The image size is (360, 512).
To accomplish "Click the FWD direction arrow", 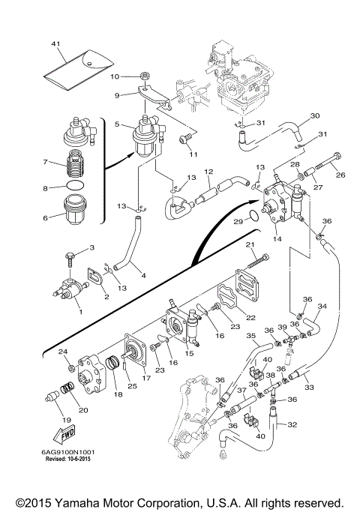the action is pyautogui.click(x=64, y=435).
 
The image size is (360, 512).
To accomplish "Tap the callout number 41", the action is pyautogui.click(x=56, y=43).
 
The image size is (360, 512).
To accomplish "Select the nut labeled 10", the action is pyautogui.click(x=144, y=76).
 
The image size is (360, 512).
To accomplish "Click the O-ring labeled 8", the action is pyautogui.click(x=75, y=185).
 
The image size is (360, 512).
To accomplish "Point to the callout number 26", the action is pyautogui.click(x=340, y=175).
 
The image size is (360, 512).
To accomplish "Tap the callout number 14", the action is pyautogui.click(x=277, y=238).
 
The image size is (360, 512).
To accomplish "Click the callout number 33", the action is pyautogui.click(x=309, y=387).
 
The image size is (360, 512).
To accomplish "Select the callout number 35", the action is pyautogui.click(x=251, y=335).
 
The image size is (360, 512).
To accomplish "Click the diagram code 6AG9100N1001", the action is pyautogui.click(x=68, y=453).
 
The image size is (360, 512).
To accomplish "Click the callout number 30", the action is pyautogui.click(x=315, y=115).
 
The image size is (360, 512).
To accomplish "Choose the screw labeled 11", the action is pyautogui.click(x=184, y=141).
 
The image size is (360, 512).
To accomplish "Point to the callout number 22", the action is pyautogui.click(x=250, y=317).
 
